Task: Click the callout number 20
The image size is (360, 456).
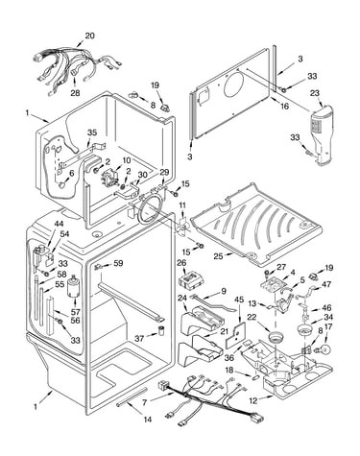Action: pos(90,36)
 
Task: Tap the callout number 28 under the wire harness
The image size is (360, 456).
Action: pos(76,93)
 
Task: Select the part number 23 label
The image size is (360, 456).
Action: pos(315,93)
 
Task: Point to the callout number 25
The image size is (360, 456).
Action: pos(218,256)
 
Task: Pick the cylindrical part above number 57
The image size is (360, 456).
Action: pos(74,286)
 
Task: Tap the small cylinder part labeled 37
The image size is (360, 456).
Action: pos(162,330)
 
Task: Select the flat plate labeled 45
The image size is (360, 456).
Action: pos(235,335)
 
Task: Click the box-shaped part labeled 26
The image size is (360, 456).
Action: pos(191,279)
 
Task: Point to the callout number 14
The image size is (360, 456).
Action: pos(148,420)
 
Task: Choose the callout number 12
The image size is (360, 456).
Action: pos(253,400)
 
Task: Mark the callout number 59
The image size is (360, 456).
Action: pos(118,264)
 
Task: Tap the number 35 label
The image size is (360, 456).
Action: pos(92,133)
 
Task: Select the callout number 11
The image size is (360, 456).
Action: pos(182,205)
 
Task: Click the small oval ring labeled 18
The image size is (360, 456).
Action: pos(255,377)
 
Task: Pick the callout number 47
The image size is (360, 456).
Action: pos(326,284)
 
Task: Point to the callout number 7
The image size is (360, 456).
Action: pos(145,402)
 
